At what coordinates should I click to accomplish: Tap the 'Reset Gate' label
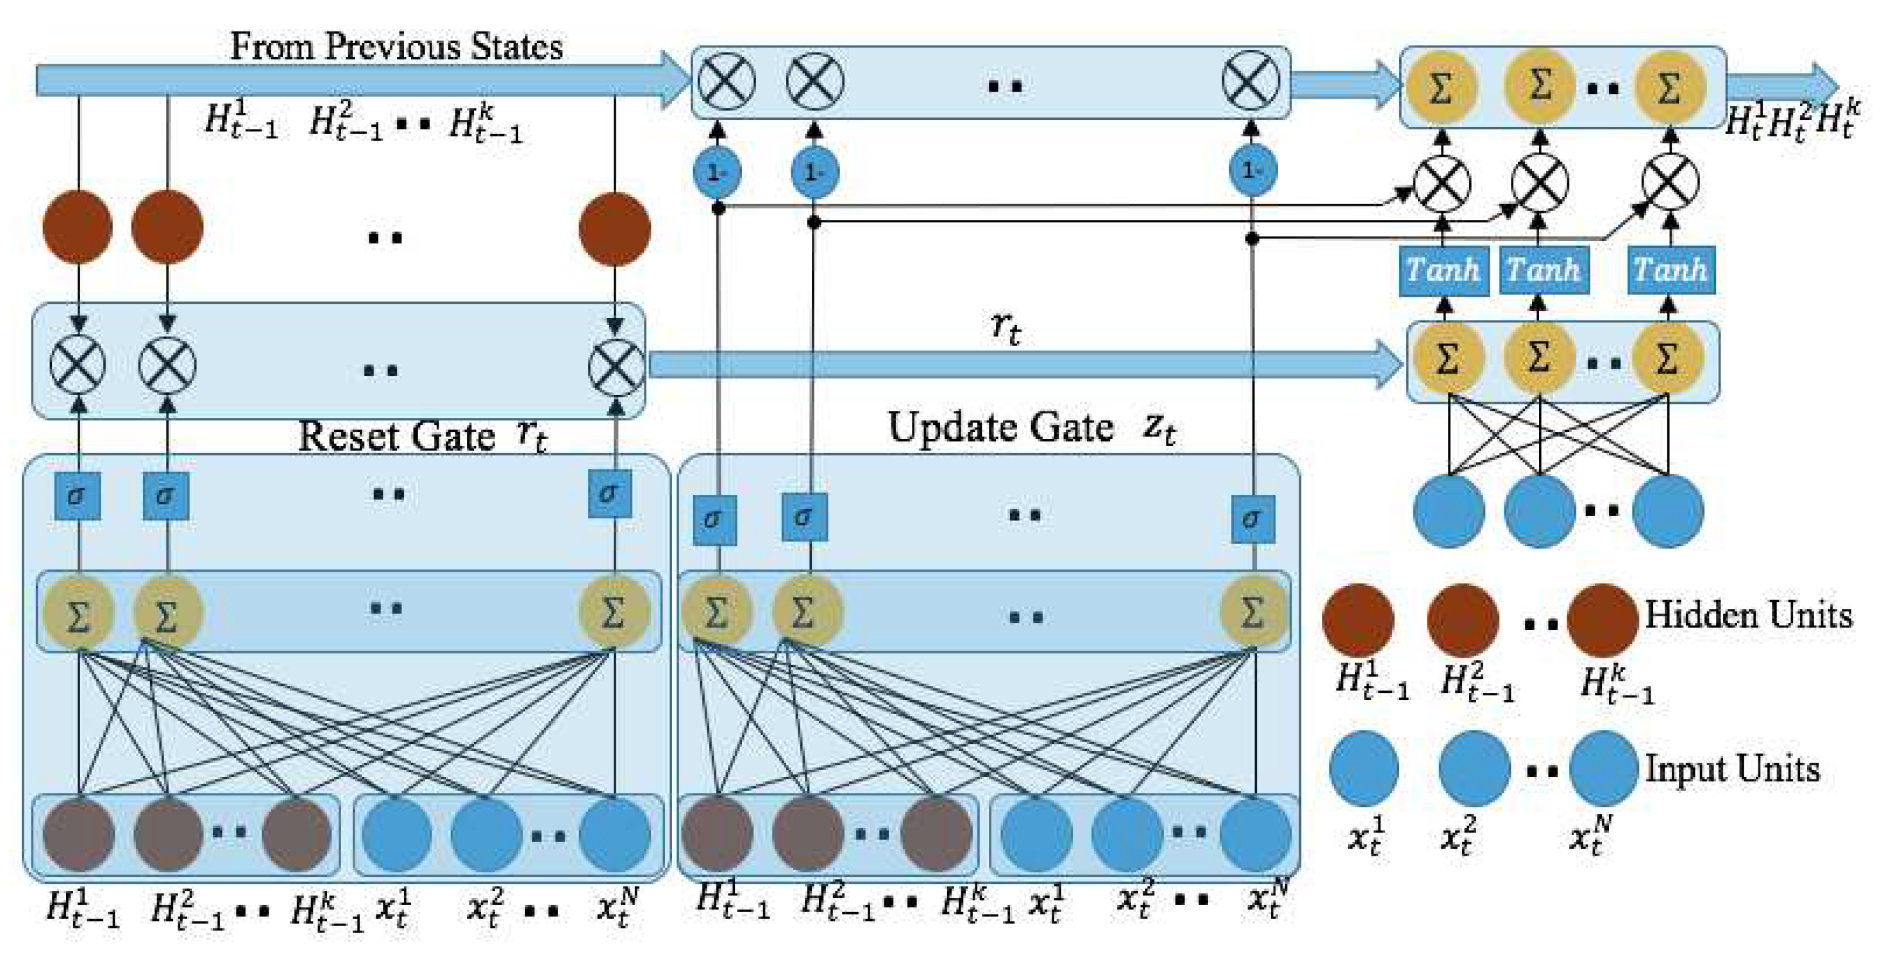tap(396, 436)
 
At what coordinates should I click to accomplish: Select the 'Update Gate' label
tap(1000, 428)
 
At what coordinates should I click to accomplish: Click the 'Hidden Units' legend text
tap(1747, 615)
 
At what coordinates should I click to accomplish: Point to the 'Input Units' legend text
tap(1732, 769)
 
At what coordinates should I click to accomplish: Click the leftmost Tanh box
tap(1443, 270)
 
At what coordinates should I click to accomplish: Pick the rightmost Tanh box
tap(1670, 270)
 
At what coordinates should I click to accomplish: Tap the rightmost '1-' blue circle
tap(1252, 171)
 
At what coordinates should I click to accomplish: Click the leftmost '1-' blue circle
tap(716, 172)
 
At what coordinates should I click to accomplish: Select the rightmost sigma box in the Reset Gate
tap(610, 494)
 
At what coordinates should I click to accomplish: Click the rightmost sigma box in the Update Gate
tap(1252, 520)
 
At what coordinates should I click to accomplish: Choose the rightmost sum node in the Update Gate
tap(1252, 613)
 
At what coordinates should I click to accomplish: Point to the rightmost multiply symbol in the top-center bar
tap(1250, 81)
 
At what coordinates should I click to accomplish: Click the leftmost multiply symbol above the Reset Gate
tap(78, 365)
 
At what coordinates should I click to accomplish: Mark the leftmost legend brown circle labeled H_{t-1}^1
tap(1358, 619)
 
